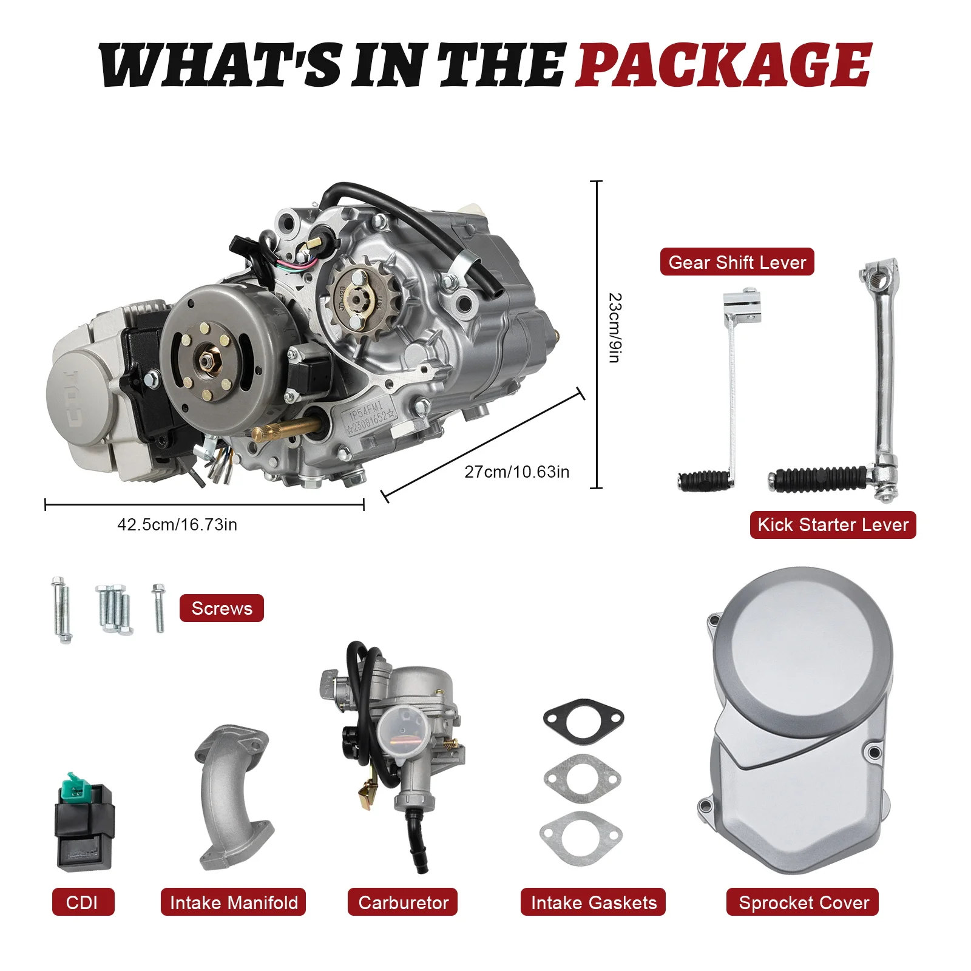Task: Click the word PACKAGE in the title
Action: pyautogui.click(x=723, y=64)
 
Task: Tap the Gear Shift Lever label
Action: pyautogui.click(x=737, y=262)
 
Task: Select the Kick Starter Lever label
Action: pyautogui.click(x=833, y=525)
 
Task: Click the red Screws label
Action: pyautogui.click(x=222, y=608)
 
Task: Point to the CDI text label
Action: pyautogui.click(x=83, y=902)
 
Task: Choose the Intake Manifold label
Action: pyautogui.click(x=234, y=902)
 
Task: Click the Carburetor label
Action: pyautogui.click(x=403, y=902)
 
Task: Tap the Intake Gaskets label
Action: pyautogui.click(x=593, y=902)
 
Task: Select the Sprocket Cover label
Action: pyautogui.click(x=803, y=902)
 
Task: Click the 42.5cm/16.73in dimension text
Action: pyautogui.click(x=177, y=524)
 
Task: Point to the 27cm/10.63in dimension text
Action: pyautogui.click(x=516, y=472)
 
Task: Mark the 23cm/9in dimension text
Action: pyautogui.click(x=615, y=328)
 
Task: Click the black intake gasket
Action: pyautogui.click(x=583, y=720)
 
